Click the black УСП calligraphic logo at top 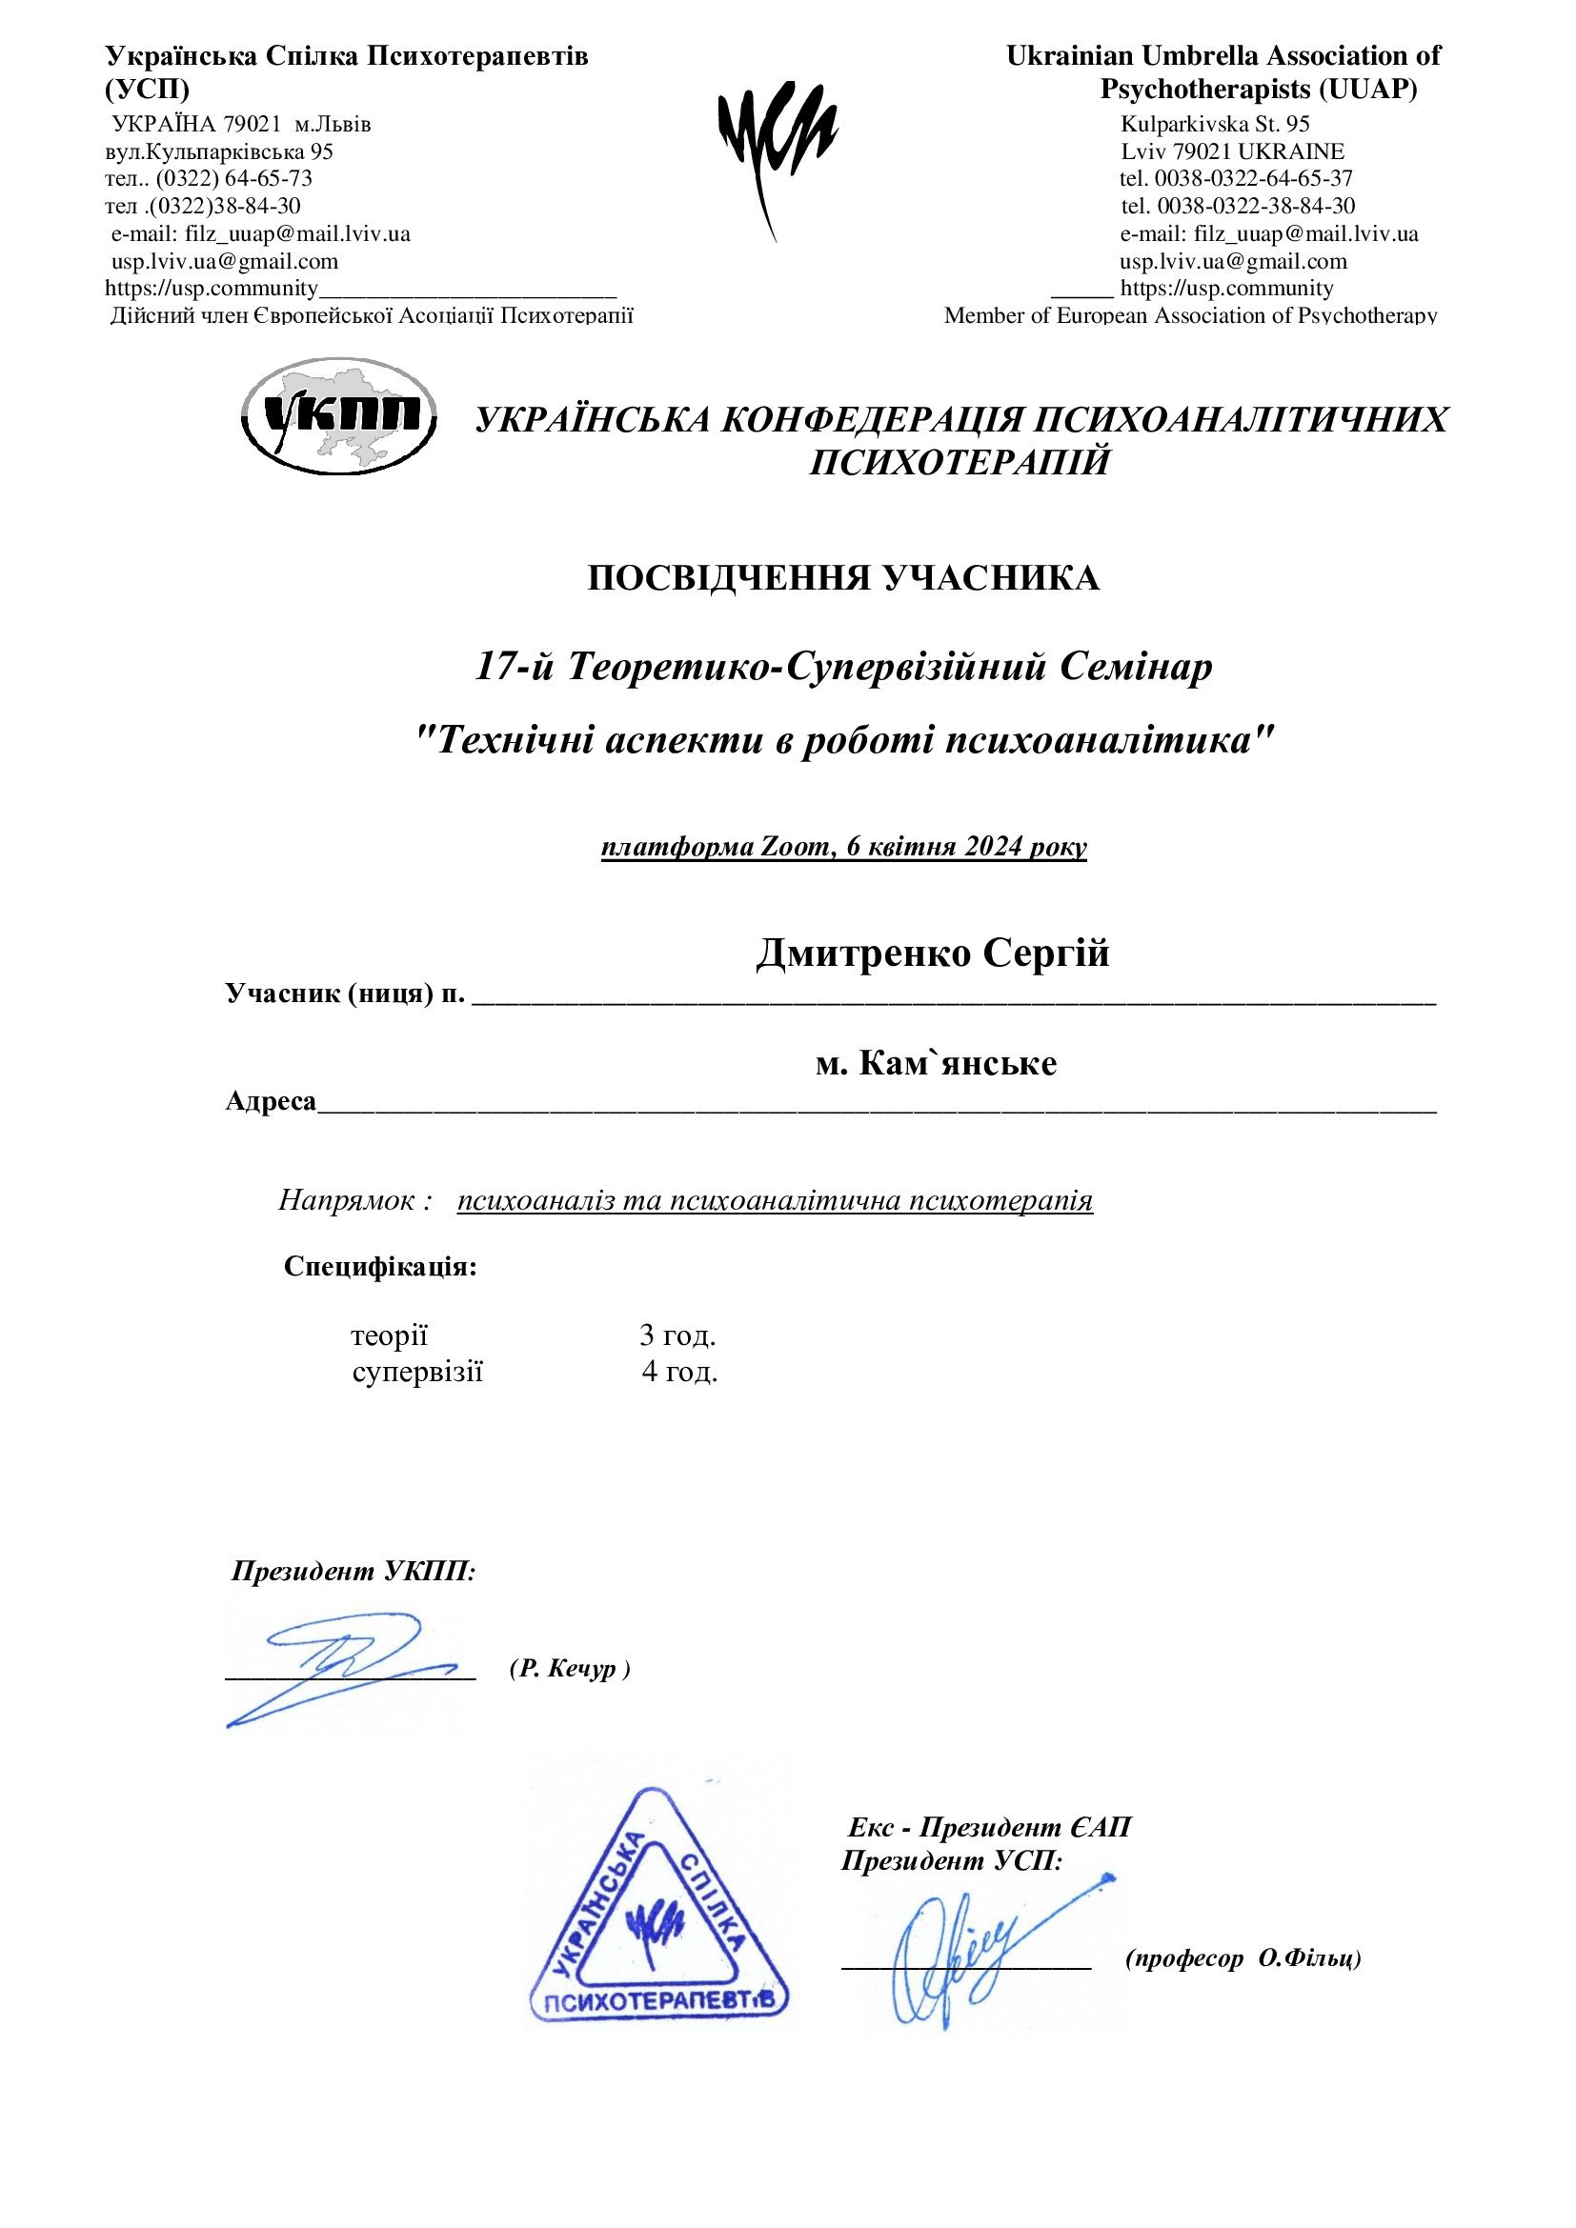click(x=777, y=146)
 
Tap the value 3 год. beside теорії click(x=677, y=1336)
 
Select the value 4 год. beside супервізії click(x=679, y=1372)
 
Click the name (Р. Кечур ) click(x=570, y=1669)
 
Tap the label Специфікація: click(x=380, y=1266)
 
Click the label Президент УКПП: click(x=354, y=1572)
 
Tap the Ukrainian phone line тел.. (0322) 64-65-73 click(x=209, y=178)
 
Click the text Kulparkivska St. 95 click(x=1215, y=124)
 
